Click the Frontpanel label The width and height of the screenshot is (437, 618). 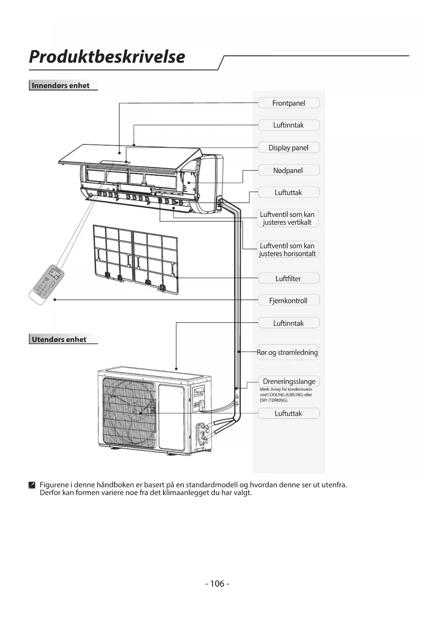[x=288, y=103]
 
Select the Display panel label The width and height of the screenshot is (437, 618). [x=288, y=148]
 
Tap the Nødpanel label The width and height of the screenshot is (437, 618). [x=288, y=171]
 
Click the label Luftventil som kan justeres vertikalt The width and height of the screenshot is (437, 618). [x=287, y=218]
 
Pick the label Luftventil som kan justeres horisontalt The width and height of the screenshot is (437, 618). [x=287, y=250]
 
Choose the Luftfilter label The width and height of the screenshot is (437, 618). [x=288, y=279]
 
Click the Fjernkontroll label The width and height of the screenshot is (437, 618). [x=288, y=301]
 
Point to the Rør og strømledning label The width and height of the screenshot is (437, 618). [x=287, y=352]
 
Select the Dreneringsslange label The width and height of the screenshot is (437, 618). [x=289, y=381]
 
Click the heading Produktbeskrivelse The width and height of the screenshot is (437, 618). [x=107, y=56]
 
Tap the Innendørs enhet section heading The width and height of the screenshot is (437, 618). [x=61, y=86]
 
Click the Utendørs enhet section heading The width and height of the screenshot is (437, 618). [x=59, y=340]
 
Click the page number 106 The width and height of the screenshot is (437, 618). [x=217, y=584]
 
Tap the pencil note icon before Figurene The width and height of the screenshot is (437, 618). [x=32, y=486]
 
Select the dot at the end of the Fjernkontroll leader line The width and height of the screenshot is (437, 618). [x=55, y=300]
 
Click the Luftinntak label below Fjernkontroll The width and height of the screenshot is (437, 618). [x=288, y=323]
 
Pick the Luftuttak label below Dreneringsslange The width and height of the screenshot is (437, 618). [x=288, y=414]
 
